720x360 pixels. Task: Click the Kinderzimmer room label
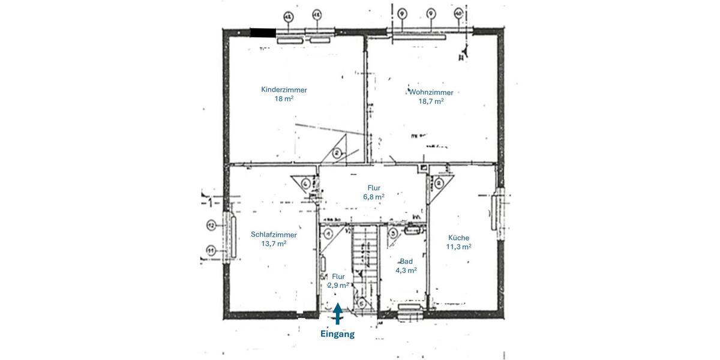pos(284,90)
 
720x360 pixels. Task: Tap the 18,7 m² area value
pos(431,101)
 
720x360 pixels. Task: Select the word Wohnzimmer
pos(431,92)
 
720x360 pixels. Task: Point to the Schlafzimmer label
pos(274,235)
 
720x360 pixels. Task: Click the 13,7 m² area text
pos(274,244)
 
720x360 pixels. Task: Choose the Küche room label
pos(458,238)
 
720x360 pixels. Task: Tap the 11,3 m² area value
pos(458,247)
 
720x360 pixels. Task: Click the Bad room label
pos(406,262)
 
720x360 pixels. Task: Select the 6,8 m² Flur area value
pos(374,196)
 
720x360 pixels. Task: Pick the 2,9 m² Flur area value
pos(338,286)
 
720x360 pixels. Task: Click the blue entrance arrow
pos(338,313)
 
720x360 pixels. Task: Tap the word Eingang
pos(337,334)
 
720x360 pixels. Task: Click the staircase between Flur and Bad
pos(364,252)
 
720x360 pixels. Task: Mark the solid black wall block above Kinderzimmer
pos(263,34)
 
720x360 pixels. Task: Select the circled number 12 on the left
pos(211,226)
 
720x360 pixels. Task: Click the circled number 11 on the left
pos(211,250)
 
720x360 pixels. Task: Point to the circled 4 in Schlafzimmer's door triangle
pos(307,184)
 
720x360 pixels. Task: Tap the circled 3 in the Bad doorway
pos(393,233)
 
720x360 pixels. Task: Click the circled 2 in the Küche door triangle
pos(439,184)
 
